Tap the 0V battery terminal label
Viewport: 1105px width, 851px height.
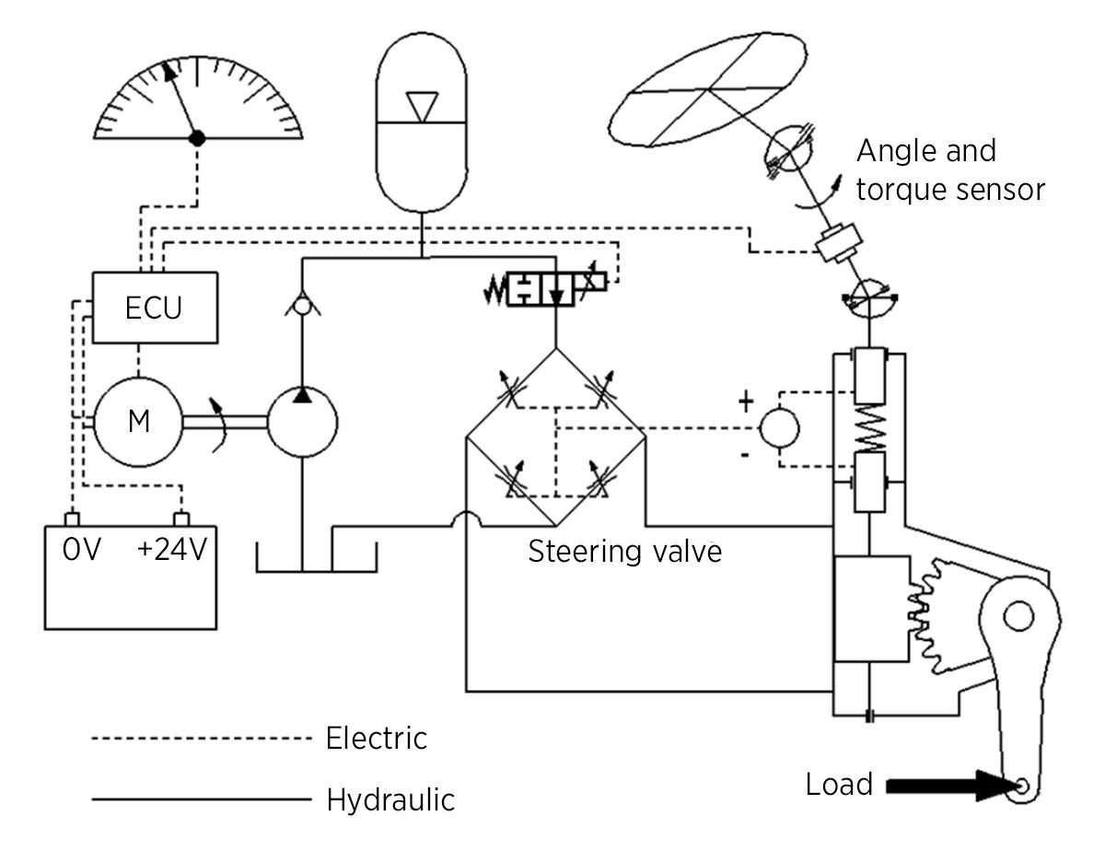coord(81,549)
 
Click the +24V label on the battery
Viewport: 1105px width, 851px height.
coord(172,549)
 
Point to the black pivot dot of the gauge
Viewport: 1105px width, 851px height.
coord(197,138)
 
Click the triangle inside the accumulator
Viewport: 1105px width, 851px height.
coord(422,107)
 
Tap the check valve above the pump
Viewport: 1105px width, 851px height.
coord(303,305)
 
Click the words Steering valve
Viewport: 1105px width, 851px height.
coord(625,551)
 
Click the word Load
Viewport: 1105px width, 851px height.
coord(839,785)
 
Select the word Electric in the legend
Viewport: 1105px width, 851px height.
coord(377,738)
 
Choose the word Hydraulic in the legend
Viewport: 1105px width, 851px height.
coord(390,799)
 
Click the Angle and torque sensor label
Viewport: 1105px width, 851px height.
coord(950,170)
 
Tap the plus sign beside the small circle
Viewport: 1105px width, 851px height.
coord(746,402)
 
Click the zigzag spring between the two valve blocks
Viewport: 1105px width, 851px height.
coord(870,427)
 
